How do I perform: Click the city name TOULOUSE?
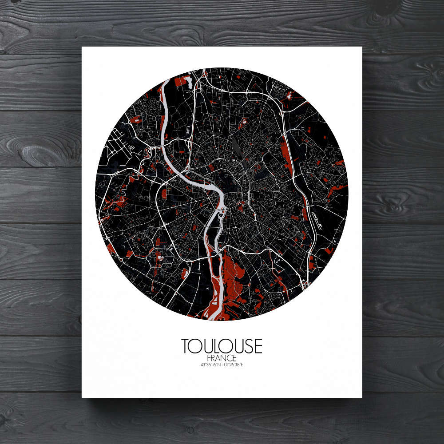pos(222,346)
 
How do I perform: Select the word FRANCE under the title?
pos(222,358)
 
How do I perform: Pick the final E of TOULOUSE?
pos(258,346)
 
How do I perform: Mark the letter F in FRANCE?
pos(209,358)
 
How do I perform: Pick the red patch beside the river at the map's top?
pos(180,81)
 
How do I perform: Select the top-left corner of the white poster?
pos(83,47)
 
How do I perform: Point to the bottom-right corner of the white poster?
pos(361,396)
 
